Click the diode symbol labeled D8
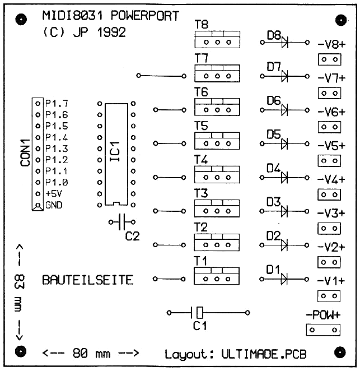pyautogui.click(x=286, y=42)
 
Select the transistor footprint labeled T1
pyautogui.click(x=217, y=276)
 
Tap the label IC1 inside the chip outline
pyautogui.click(x=115, y=152)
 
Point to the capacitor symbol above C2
pyautogui.click(x=123, y=222)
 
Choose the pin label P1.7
pyautogui.click(x=57, y=104)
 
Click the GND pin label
pyautogui.click(x=54, y=205)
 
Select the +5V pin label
pyautogui.click(x=54, y=193)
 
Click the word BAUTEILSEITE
pyautogui.click(x=88, y=280)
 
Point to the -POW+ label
pyautogui.click(x=323, y=314)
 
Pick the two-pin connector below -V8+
pyautogui.click(x=329, y=59)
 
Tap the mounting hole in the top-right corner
pyautogui.click(x=340, y=20)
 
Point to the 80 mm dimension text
pyautogui.click(x=90, y=354)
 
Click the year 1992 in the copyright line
pyautogui.click(x=110, y=33)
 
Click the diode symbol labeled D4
pyautogui.click(x=286, y=177)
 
